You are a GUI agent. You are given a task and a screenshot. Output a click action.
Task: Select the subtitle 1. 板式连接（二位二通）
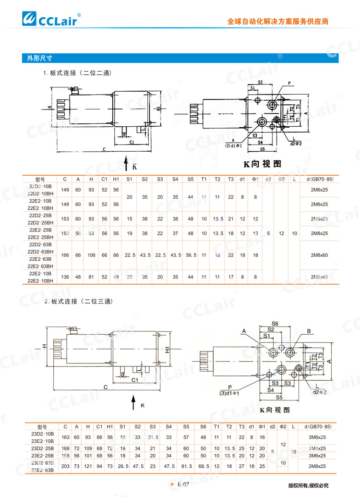[x=77, y=73]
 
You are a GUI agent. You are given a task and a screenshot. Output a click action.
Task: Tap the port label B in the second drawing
[x=309, y=330]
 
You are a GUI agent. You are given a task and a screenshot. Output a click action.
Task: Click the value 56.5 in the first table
[x=191, y=255]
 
